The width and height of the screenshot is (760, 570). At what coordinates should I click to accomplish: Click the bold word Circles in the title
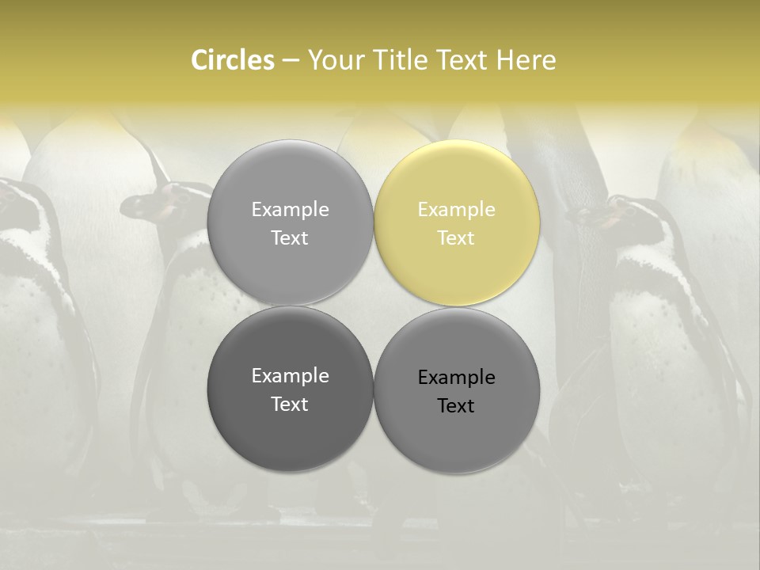tap(233, 60)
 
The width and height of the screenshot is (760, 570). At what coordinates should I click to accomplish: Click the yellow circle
tap(457, 223)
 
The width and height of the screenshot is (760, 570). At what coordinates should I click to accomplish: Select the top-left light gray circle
tap(290, 223)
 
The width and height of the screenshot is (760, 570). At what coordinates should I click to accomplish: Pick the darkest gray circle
tap(290, 389)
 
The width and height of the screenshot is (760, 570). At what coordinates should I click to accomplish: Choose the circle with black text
tap(457, 391)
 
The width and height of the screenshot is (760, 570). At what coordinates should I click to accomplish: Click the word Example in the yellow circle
tap(456, 210)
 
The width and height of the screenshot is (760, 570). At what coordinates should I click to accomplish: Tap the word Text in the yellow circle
tap(456, 238)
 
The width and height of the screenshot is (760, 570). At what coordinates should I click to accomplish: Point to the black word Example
tap(456, 378)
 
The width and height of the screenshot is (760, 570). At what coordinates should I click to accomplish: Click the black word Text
tap(456, 406)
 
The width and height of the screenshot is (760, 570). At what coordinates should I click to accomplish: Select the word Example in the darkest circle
tap(290, 376)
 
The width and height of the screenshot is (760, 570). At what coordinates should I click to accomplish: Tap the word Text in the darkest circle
tap(290, 405)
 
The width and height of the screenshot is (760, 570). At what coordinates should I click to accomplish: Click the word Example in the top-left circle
tap(290, 210)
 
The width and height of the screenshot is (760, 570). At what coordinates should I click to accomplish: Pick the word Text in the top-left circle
tap(290, 238)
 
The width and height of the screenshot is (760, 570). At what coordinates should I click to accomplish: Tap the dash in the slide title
tap(291, 61)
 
